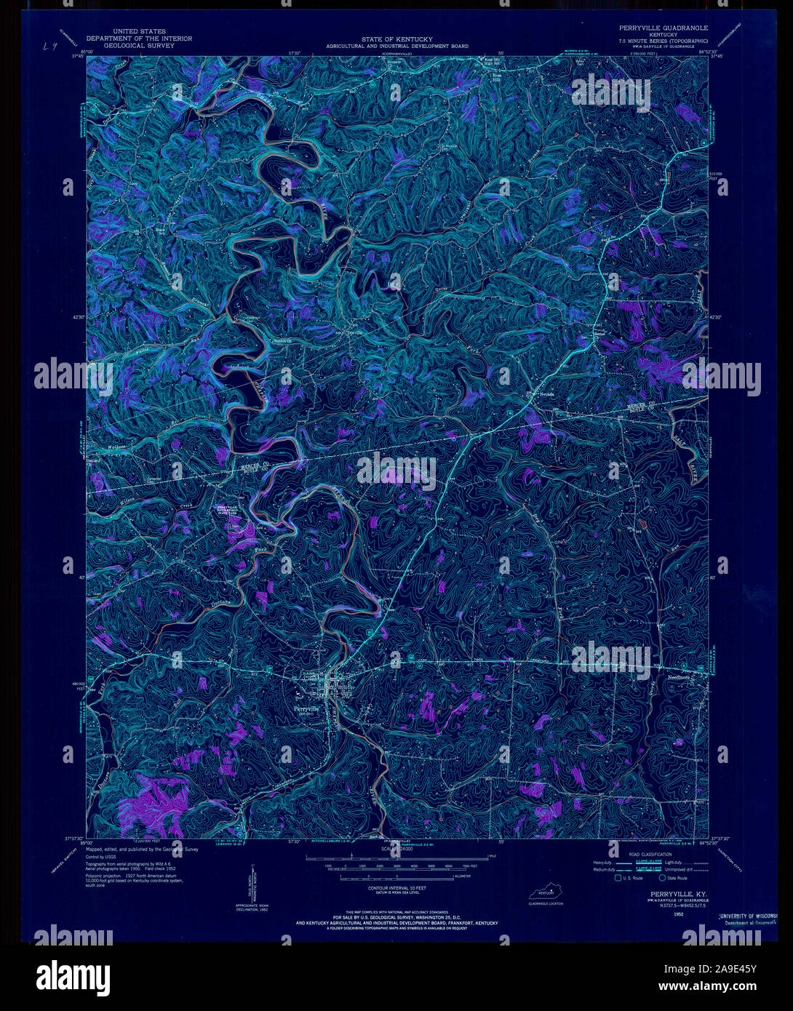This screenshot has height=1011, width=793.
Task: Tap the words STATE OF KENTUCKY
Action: (x=396, y=39)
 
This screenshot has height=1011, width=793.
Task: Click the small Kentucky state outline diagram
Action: (x=551, y=892)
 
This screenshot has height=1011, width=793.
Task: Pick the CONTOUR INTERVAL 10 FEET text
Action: (x=396, y=889)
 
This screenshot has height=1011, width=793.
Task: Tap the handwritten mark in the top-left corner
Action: (x=49, y=47)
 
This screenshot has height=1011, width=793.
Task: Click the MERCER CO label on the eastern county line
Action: (x=642, y=405)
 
